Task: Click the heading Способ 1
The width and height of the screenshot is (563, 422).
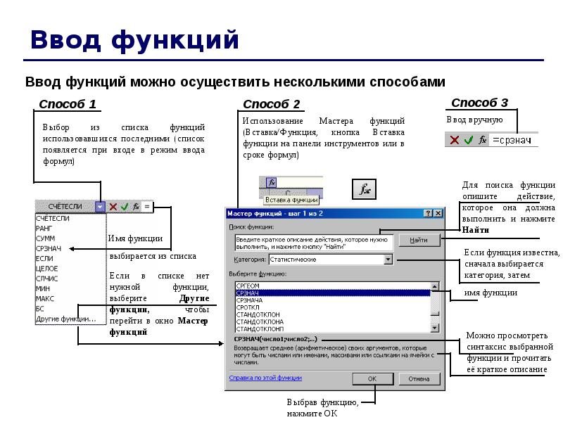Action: tap(67, 105)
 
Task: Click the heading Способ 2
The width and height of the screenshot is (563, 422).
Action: tap(271, 105)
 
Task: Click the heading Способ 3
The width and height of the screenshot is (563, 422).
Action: tap(479, 103)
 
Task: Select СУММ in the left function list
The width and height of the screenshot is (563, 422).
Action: tap(45, 238)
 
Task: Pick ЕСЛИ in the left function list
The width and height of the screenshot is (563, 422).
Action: tap(44, 259)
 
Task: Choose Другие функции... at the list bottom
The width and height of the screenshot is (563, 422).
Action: tap(65, 319)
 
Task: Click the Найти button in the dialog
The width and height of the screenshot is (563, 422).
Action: tap(419, 240)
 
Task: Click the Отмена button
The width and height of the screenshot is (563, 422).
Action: tap(419, 378)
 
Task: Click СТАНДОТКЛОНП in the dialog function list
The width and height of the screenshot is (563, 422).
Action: tap(260, 328)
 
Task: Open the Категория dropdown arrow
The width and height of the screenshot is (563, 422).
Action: tap(388, 260)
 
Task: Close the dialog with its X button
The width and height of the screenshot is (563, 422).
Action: tap(438, 212)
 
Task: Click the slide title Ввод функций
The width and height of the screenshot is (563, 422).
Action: tap(134, 40)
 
